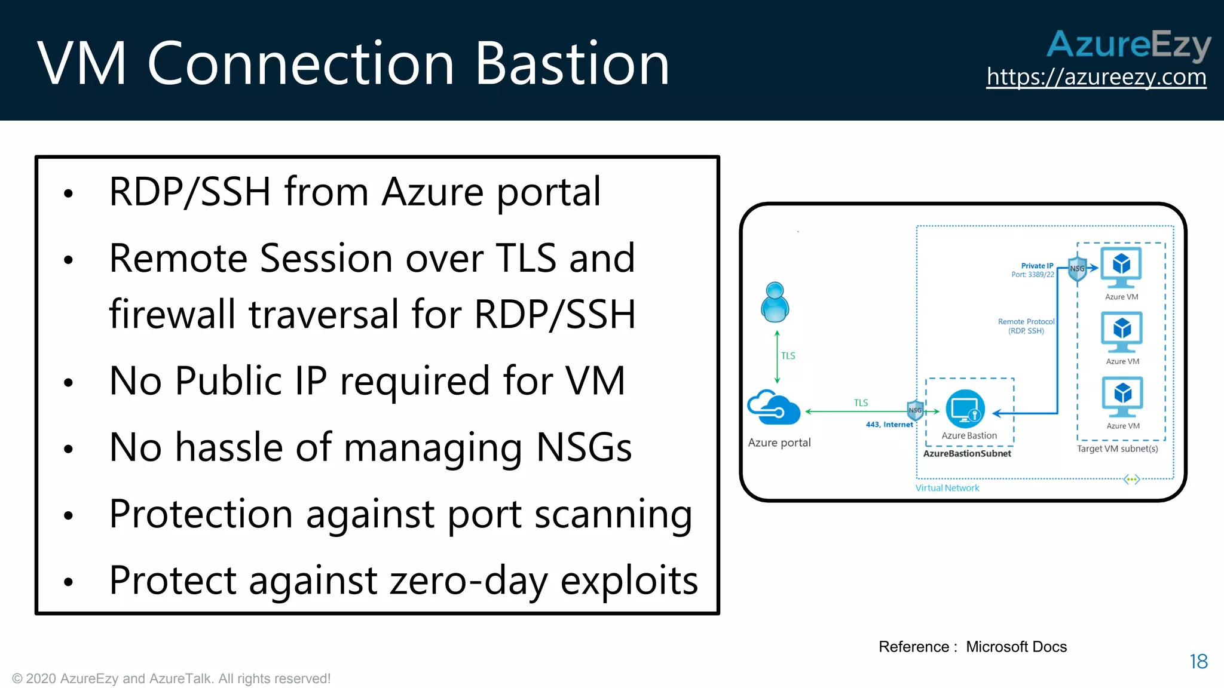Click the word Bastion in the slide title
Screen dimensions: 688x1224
coord(572,63)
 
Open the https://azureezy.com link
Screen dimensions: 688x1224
coord(1096,77)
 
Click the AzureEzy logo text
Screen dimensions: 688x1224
coord(1128,44)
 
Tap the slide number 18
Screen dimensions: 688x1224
coord(1198,661)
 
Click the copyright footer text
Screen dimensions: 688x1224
coord(171,678)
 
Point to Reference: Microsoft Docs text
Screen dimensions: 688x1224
coord(972,647)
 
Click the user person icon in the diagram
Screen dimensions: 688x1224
coord(775,302)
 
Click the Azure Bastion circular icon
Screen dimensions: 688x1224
coord(965,409)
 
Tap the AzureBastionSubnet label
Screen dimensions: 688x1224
coord(967,454)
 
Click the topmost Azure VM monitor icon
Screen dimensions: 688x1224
coord(1121,267)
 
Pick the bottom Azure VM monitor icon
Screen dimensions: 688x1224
coord(1122,396)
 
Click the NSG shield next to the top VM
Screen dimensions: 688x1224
coord(1077,269)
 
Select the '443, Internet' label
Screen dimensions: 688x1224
coord(889,425)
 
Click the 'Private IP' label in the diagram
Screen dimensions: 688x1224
coord(1037,266)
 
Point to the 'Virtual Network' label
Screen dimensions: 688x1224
coord(947,488)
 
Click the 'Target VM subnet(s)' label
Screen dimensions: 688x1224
coord(1117,449)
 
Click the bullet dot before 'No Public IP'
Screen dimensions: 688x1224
coord(69,383)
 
